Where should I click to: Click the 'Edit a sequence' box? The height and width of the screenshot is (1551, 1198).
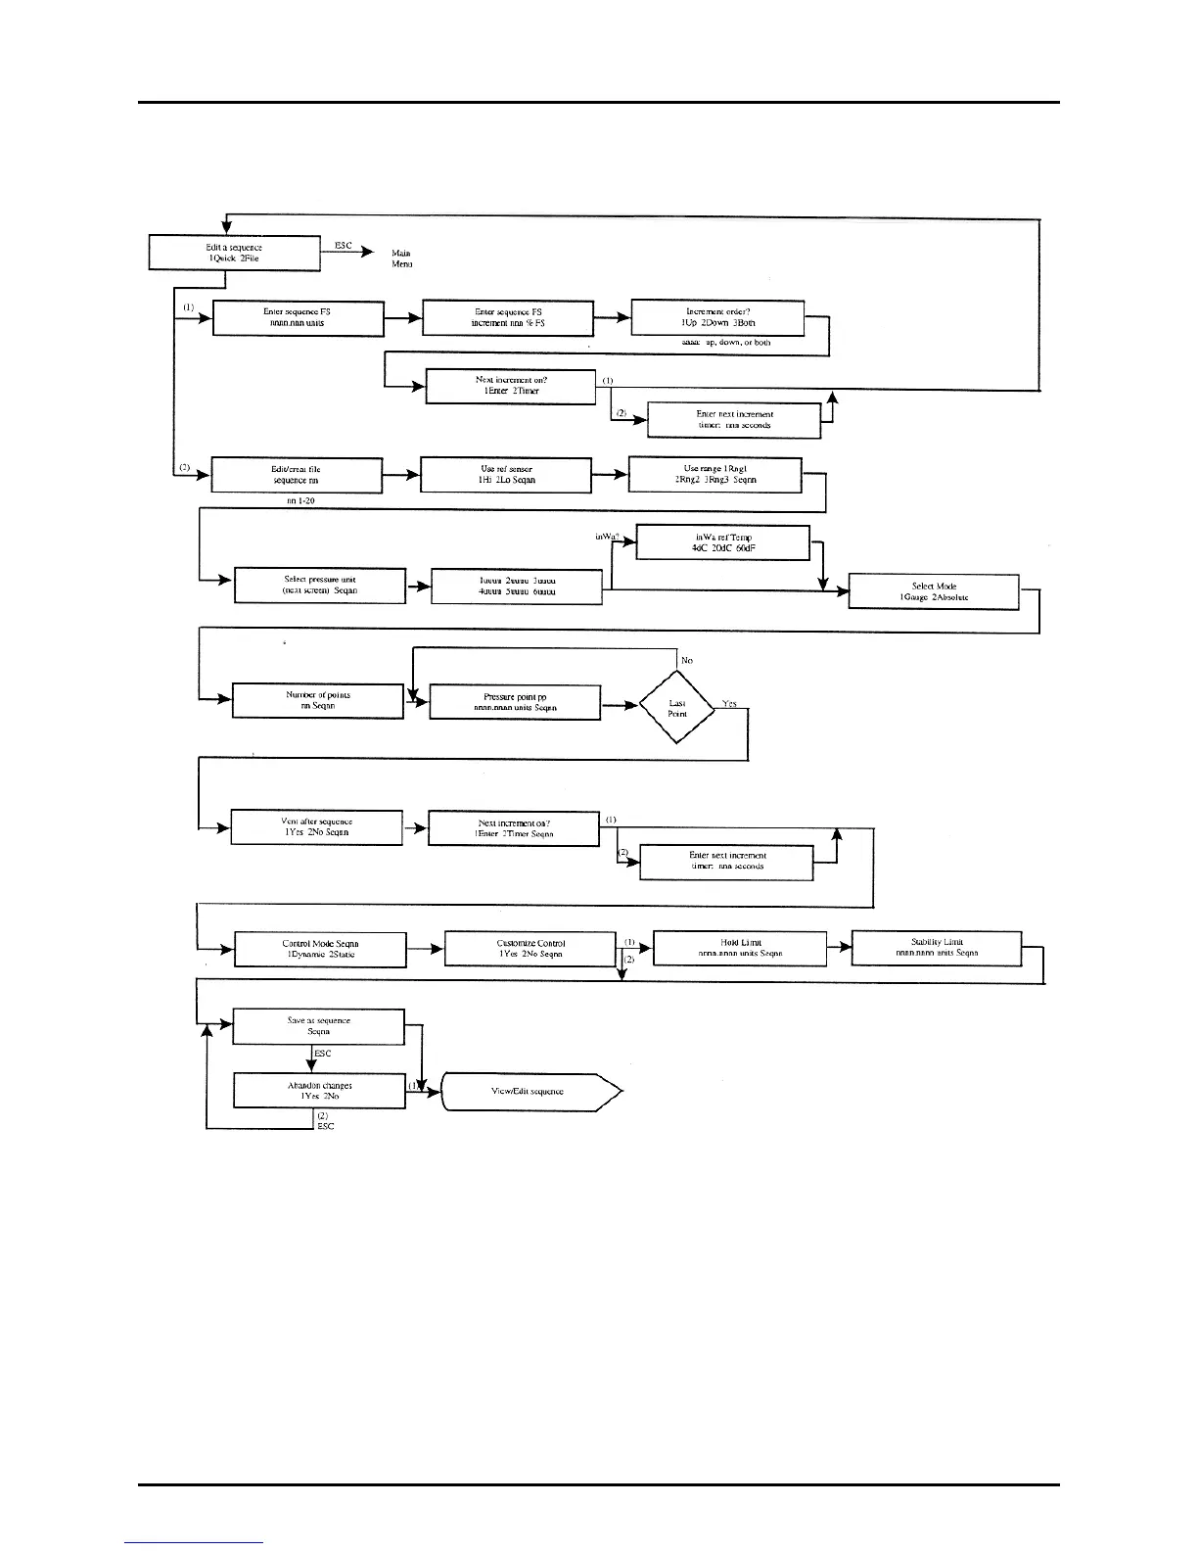pos(234,253)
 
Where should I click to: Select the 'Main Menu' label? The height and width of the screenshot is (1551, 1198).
pos(401,258)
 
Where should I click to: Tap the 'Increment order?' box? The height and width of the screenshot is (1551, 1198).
pos(717,317)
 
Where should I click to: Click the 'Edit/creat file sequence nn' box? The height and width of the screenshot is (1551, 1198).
pos(296,475)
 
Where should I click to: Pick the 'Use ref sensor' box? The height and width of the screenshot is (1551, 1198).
pos(506,475)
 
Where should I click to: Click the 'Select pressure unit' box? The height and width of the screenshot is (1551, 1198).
pos(319,586)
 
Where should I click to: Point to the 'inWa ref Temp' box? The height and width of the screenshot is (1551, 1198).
pos(722,543)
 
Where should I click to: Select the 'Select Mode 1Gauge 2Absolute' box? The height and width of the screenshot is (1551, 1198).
pos(933,591)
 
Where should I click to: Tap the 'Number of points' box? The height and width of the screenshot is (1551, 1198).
pos(317,700)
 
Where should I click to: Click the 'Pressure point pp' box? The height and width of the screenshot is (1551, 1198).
pos(515,702)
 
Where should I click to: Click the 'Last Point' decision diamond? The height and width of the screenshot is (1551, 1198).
pos(677,708)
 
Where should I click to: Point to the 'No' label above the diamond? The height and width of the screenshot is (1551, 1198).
pos(687,661)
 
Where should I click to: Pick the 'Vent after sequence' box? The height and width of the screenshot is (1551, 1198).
pos(316,826)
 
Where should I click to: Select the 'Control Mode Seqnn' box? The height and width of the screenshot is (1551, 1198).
pos(320,949)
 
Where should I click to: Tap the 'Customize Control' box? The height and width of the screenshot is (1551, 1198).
pos(530,949)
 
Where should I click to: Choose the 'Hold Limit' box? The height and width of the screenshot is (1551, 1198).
pos(739,947)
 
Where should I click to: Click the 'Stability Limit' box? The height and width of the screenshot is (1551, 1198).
pos(937,947)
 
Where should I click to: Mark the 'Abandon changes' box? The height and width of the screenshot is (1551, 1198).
pos(319,1091)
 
